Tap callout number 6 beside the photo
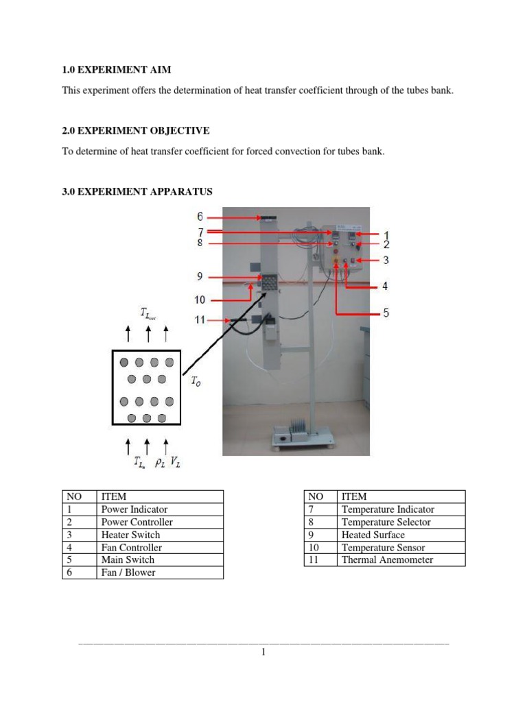tap(200, 217)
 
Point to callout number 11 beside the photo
tap(201, 320)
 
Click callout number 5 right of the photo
tap(386, 313)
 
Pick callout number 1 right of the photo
tap(386, 235)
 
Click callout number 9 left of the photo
tap(200, 278)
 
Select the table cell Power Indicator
tap(134, 509)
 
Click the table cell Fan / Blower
tap(128, 572)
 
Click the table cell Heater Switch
tap(130, 535)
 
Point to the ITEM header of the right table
tap(354, 496)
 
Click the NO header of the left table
tap(73, 496)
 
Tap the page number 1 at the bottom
tap(263, 652)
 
